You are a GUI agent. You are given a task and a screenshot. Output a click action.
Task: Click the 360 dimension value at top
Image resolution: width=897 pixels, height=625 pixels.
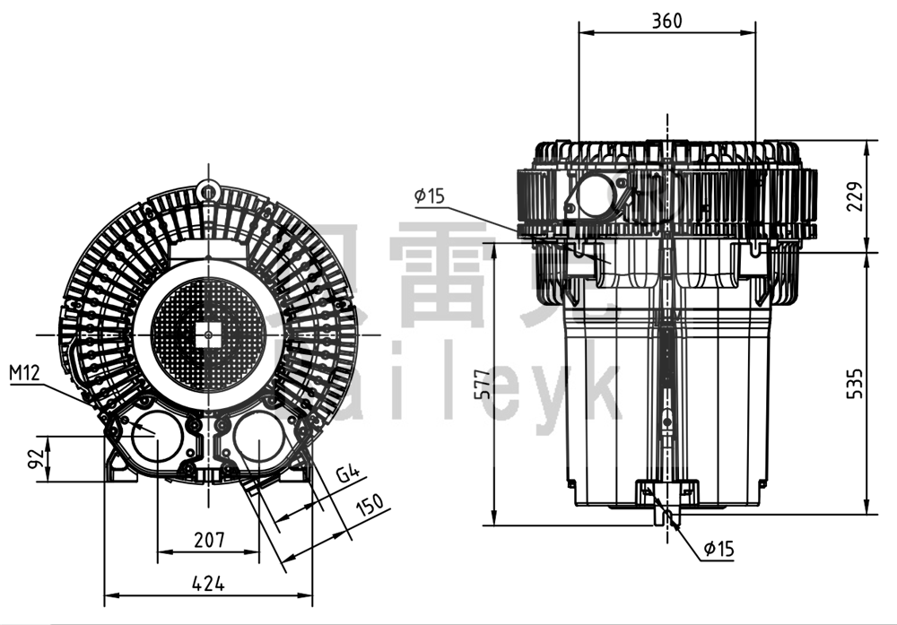(666, 20)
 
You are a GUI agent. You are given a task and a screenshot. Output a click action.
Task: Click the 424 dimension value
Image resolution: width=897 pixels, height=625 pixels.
(208, 584)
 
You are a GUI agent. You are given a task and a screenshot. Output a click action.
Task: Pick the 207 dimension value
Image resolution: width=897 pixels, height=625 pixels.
(208, 541)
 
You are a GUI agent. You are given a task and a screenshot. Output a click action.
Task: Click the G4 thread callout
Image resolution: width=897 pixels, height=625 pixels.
(347, 473)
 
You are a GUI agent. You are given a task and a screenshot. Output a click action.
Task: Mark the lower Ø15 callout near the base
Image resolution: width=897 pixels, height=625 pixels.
(718, 549)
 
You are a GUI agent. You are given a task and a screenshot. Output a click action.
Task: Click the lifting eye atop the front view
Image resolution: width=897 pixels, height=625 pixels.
(208, 189)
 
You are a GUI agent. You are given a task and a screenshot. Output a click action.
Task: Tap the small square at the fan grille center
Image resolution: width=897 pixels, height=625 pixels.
(208, 334)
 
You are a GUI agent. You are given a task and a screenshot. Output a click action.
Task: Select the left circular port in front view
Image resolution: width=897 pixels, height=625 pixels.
(156, 438)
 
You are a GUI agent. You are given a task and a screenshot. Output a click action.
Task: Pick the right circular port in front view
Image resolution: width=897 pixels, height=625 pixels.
(260, 438)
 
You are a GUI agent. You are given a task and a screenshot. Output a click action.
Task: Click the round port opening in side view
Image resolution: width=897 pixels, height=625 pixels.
(594, 195)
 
